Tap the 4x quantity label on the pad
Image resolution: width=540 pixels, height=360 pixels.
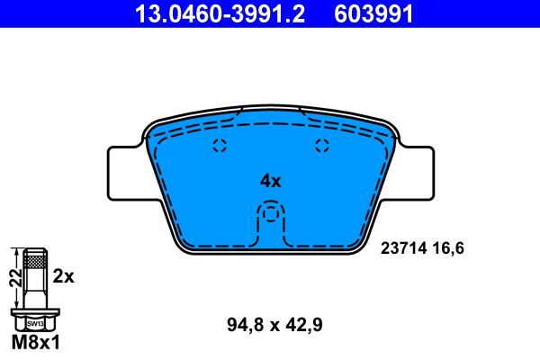click(x=271, y=180)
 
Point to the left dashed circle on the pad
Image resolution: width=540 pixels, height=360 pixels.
click(x=219, y=148)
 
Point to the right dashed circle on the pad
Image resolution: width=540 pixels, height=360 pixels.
click(x=322, y=148)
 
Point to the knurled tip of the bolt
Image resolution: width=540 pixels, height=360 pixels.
click(x=35, y=260)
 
